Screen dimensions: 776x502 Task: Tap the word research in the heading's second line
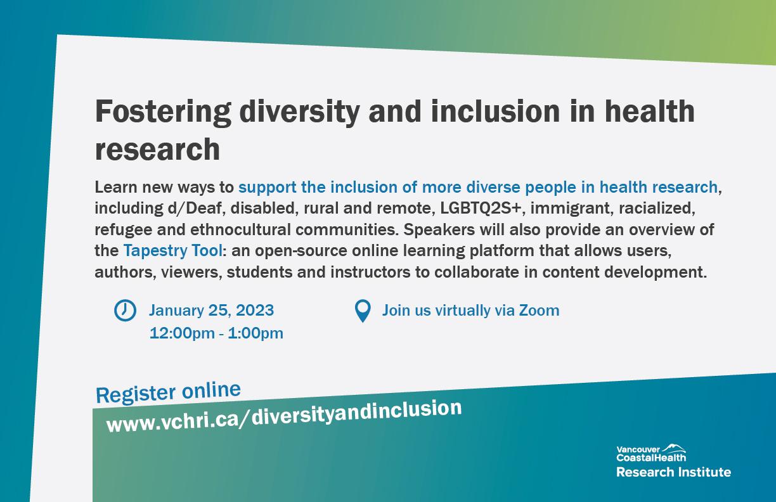[158, 149]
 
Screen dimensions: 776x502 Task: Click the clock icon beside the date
[125, 310]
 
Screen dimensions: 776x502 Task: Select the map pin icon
[363, 311]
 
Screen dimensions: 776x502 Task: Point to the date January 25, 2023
[211, 310]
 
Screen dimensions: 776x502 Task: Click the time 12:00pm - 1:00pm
[216, 333]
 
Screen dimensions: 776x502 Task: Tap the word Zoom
[539, 310]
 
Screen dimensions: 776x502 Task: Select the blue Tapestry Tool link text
[172, 250]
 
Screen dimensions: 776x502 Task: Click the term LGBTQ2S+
[481, 208]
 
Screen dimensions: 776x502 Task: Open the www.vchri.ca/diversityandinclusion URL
[284, 417]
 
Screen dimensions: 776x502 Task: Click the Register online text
[168, 392]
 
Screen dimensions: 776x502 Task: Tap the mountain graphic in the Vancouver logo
[673, 447]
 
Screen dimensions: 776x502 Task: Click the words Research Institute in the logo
[673, 472]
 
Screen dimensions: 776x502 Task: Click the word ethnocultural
[240, 229]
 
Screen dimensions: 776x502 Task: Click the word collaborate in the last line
[477, 272]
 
